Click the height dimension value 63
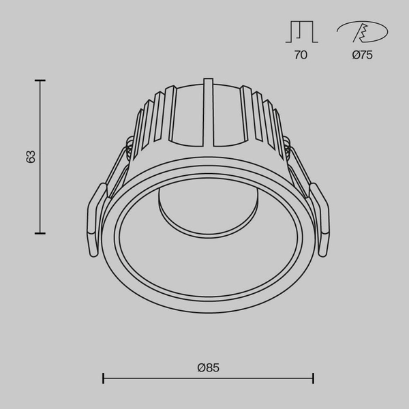31,157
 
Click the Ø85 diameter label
208,367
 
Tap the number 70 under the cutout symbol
301,55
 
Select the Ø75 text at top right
363,55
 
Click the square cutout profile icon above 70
301,32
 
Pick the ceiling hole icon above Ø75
362,32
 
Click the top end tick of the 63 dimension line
40,80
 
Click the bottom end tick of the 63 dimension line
40,233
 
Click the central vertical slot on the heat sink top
208,112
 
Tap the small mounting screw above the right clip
288,145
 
